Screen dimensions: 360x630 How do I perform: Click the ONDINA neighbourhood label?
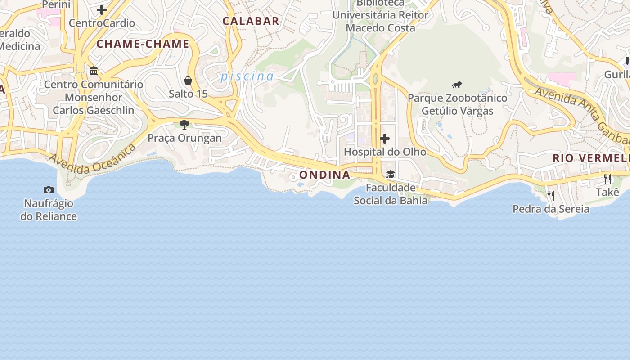tap(324, 175)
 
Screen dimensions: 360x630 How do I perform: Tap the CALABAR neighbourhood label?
tap(251, 21)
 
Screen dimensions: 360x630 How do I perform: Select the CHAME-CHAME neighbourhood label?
tap(143, 44)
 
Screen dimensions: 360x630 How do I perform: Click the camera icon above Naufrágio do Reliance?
tap(49, 190)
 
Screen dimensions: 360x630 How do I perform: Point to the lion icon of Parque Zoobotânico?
tap(457, 85)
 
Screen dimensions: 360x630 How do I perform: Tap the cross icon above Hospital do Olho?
tap(385, 139)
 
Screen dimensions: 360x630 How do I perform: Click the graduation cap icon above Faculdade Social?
tap(390, 175)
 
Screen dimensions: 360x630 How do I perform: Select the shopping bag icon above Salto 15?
tap(188, 81)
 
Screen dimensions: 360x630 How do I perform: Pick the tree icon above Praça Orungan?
tap(184, 125)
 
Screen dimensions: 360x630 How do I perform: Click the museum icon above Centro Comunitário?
tap(94, 71)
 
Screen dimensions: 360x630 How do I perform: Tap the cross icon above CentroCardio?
tap(102, 9)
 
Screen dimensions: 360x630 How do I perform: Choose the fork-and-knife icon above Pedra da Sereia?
tap(550, 195)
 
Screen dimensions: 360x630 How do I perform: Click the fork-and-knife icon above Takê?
tap(607, 179)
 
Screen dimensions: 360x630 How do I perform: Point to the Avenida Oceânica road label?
tap(92, 160)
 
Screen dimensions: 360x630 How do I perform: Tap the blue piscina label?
tap(247, 76)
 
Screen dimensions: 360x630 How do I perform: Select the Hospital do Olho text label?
tap(385, 152)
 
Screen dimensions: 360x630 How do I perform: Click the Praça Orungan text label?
tap(184, 138)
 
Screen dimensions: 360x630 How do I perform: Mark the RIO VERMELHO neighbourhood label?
tap(590, 158)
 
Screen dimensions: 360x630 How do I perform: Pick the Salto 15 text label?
tap(188, 94)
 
